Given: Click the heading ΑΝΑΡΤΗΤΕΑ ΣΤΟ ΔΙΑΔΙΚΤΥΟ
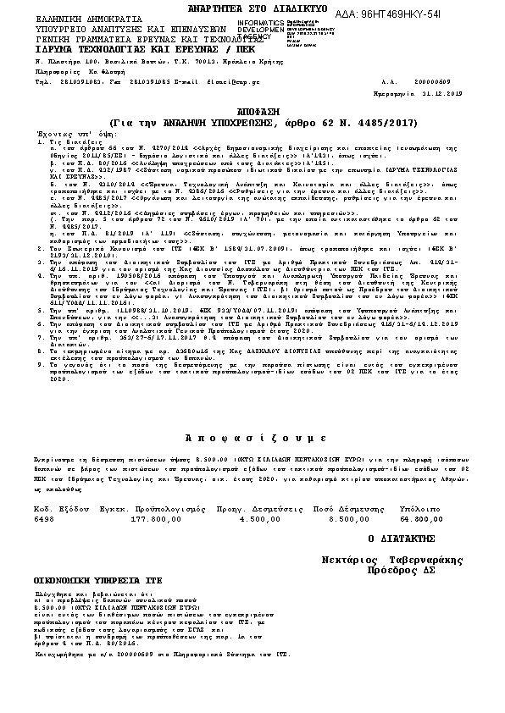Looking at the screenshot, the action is pyautogui.click(x=252, y=7).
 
